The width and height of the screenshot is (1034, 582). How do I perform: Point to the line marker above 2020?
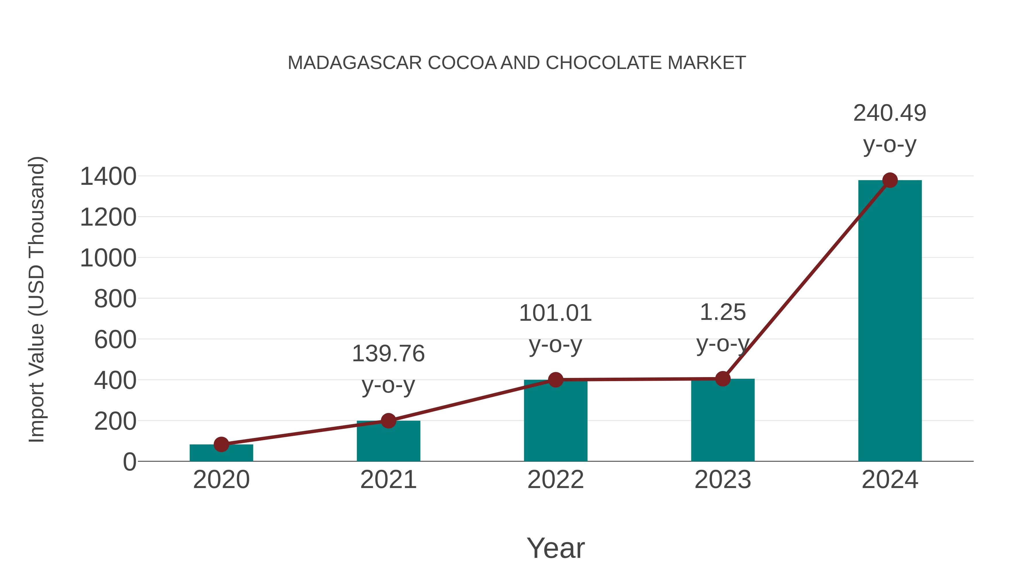221,444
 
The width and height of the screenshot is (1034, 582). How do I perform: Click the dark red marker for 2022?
555,380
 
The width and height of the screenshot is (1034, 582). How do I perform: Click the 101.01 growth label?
555,328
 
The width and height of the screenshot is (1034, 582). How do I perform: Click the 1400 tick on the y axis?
108,176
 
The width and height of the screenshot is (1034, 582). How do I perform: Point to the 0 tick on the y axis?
129,462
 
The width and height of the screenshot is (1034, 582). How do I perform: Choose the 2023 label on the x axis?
723,480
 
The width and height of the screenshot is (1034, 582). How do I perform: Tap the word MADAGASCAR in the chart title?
355,63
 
